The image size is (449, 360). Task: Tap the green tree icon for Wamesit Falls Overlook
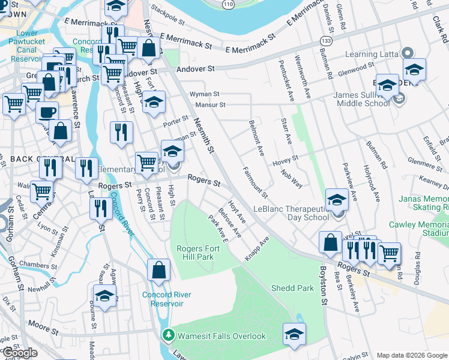(169, 335)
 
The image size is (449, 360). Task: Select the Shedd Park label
(292, 288)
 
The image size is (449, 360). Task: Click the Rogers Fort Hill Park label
(195, 253)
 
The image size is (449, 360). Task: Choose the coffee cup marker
(47, 112)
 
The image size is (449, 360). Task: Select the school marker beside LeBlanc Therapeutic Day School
(337, 200)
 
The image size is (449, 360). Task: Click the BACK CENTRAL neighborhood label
(34, 159)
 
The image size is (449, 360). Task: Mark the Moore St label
(38, 326)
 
